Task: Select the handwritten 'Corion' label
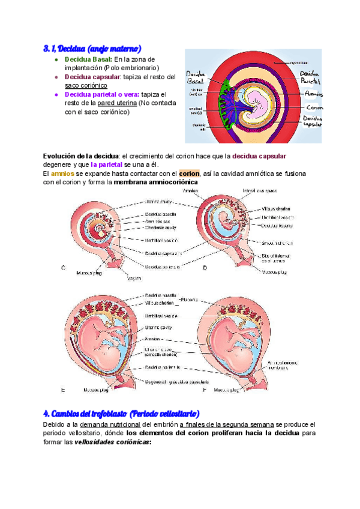313,107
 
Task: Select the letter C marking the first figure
64,268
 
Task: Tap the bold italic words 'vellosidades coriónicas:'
112,442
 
